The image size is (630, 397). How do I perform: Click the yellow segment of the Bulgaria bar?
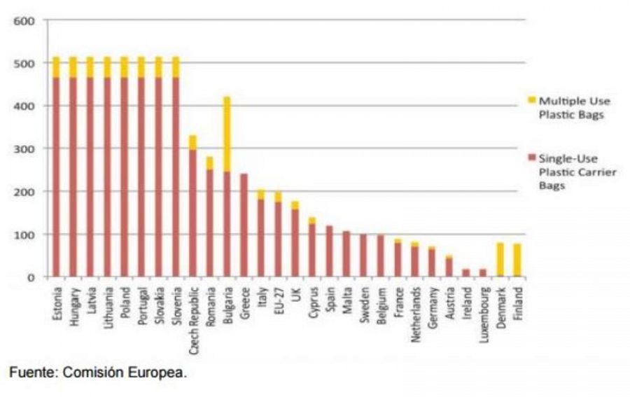(227, 134)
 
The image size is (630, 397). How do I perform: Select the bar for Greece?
(244, 225)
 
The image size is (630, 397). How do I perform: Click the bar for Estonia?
(56, 175)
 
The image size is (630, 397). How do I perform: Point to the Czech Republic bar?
(192, 210)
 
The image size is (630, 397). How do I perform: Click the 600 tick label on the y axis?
(24, 20)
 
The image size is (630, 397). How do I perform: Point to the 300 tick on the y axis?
(24, 148)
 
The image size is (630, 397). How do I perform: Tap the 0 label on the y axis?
(31, 277)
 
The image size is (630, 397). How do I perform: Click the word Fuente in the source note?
(32, 373)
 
